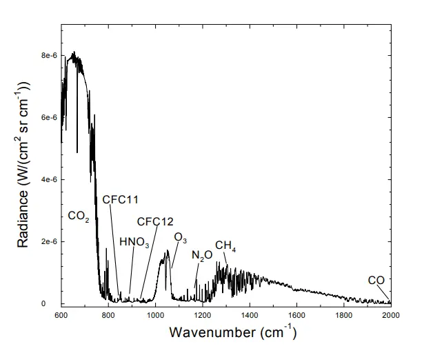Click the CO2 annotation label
pyautogui.click(x=79, y=216)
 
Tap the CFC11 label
pyautogui.click(x=121, y=200)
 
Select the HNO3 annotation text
pyautogui.click(x=134, y=243)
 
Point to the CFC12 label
pyautogui.click(x=155, y=221)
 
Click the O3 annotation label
pyautogui.click(x=181, y=237)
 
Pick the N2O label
pyautogui.click(x=202, y=256)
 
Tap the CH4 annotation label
pyautogui.click(x=226, y=245)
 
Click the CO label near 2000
pyautogui.click(x=376, y=281)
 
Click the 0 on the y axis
pyautogui.click(x=53, y=303)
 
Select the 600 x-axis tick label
pyautogui.click(x=61, y=316)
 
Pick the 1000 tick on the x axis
pyautogui.click(x=156, y=316)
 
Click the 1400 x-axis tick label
pyautogui.click(x=250, y=316)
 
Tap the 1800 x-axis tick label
pyautogui.click(x=344, y=316)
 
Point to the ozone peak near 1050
pyautogui.click(x=166, y=252)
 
